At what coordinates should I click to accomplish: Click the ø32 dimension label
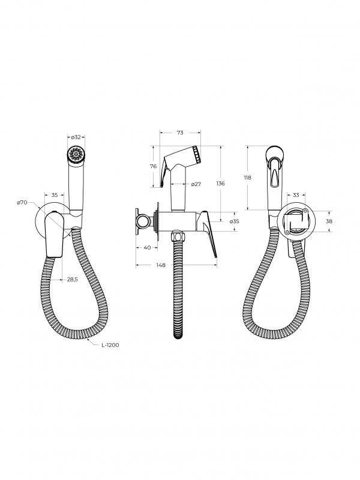(76, 137)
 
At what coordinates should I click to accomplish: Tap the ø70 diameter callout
(22, 202)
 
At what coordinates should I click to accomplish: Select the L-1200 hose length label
(110, 345)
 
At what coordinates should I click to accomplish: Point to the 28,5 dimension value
(72, 279)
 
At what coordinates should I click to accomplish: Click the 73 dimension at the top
(180, 133)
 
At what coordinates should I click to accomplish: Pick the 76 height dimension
(154, 166)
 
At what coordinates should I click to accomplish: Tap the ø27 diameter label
(196, 184)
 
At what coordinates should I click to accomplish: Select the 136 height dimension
(220, 184)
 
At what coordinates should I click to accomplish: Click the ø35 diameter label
(234, 221)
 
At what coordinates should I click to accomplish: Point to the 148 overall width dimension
(161, 265)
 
